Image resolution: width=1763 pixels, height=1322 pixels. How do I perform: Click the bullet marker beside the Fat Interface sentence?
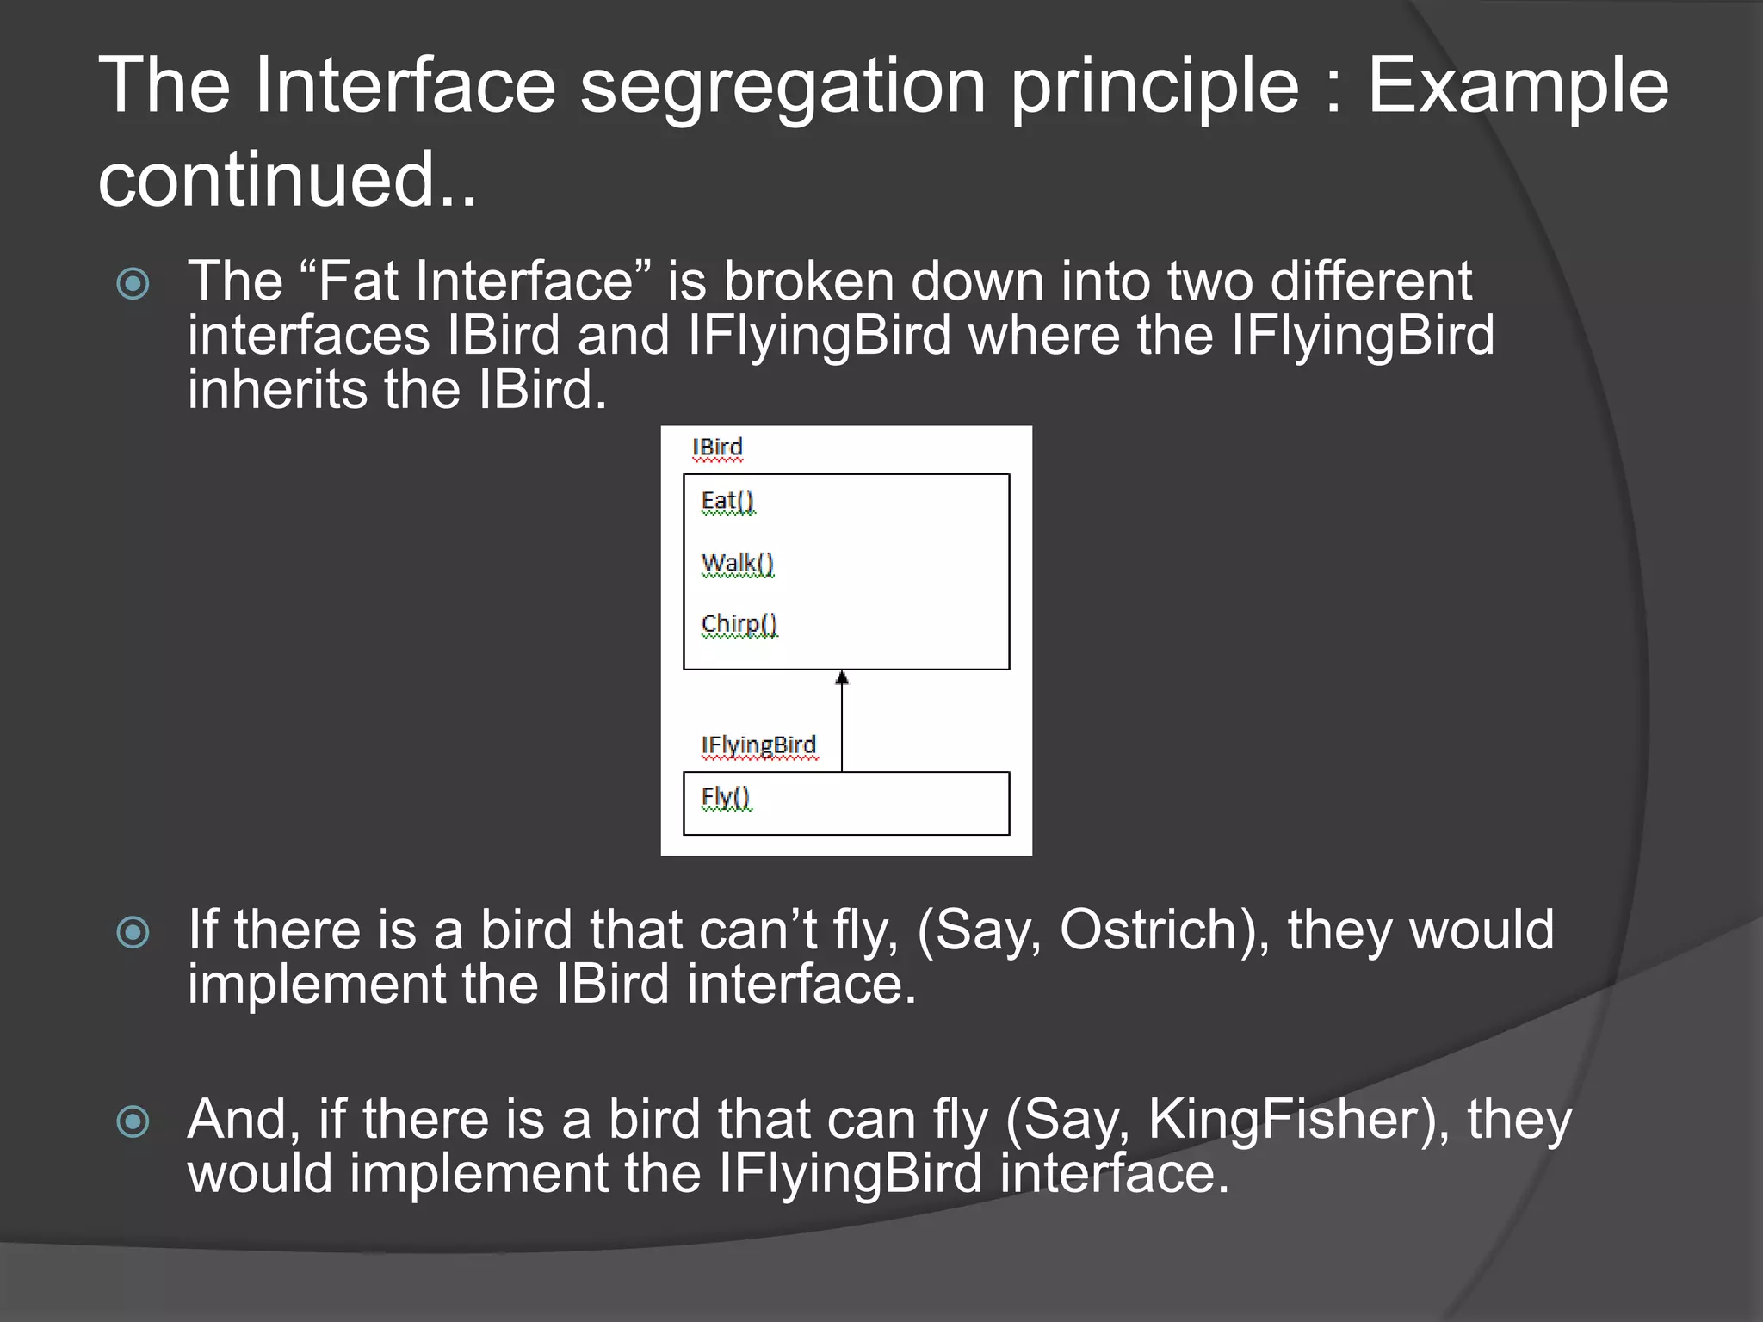133,283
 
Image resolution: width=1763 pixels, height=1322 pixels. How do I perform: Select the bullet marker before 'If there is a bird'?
133,931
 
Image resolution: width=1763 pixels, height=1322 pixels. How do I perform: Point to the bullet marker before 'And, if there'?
133,1121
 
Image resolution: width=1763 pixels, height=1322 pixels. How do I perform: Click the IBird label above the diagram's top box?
717,448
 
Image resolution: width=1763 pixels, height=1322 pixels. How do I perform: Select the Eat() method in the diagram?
727,501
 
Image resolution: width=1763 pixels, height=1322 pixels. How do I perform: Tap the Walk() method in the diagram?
738,563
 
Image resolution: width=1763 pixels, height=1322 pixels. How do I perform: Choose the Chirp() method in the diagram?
739,624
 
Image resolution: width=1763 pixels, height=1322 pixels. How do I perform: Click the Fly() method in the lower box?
726,797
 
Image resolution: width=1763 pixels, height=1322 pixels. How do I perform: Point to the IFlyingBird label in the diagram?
758,745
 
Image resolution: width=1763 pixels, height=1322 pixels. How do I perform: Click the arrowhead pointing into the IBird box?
842,679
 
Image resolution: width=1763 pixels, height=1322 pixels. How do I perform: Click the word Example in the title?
1518,86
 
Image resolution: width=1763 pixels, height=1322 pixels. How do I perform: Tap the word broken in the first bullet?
809,281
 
